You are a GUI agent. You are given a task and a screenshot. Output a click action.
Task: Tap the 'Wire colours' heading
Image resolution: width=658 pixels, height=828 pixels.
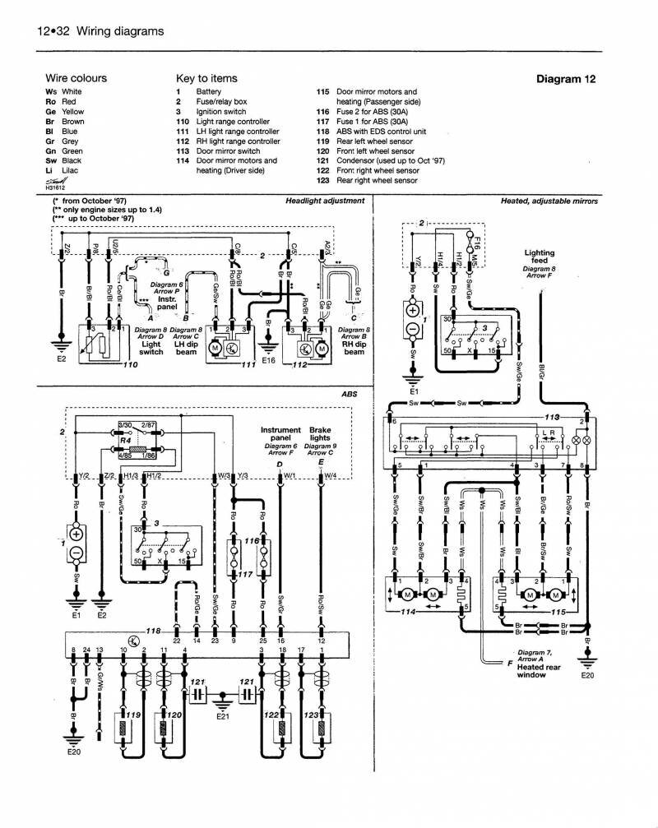[76, 78]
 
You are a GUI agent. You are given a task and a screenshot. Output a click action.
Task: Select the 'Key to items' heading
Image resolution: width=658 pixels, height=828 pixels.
[206, 78]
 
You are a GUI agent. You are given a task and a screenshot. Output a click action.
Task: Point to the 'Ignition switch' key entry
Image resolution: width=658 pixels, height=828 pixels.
[220, 111]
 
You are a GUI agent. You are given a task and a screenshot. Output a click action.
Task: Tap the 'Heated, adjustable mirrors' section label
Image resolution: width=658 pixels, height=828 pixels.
[549, 201]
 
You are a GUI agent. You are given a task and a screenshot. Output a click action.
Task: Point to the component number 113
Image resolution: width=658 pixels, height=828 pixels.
[564, 417]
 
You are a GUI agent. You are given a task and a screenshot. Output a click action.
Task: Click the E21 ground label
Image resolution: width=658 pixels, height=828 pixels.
[223, 718]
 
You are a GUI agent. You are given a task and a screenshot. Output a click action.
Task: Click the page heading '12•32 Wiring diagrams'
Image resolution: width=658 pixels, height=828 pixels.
[100, 31]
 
